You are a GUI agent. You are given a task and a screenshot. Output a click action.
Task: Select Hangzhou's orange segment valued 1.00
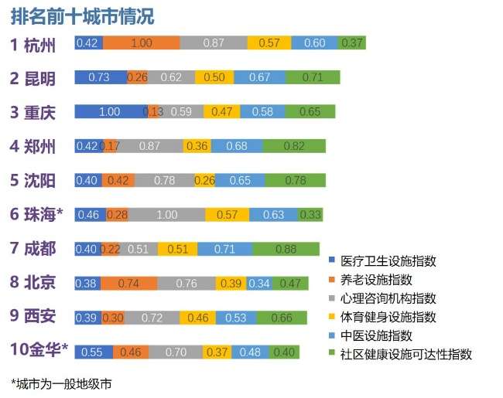(x=141, y=43)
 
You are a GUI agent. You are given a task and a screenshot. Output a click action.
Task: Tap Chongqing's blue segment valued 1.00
(x=110, y=112)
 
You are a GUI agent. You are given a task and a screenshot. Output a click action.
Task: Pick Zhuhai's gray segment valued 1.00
(x=167, y=214)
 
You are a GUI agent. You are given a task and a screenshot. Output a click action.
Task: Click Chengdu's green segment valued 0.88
(x=286, y=249)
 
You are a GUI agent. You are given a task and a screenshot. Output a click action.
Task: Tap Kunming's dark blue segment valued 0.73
(x=99, y=77)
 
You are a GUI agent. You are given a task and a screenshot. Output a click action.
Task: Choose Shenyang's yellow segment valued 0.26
(x=204, y=181)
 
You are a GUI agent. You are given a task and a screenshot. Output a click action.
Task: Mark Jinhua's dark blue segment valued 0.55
(x=94, y=352)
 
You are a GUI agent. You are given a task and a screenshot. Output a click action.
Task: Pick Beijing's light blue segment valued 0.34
(x=259, y=284)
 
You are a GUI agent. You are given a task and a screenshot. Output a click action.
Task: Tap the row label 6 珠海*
(x=39, y=214)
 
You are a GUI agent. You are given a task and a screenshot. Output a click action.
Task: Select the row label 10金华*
(x=39, y=350)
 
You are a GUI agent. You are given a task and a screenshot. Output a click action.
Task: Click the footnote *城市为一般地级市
(x=61, y=383)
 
